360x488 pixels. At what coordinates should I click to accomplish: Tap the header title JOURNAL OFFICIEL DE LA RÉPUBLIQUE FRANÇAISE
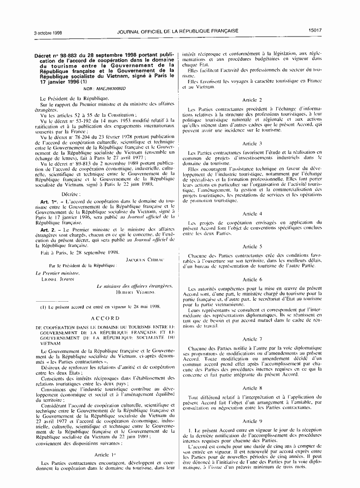point(178,31)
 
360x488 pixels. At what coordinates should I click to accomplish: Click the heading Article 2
point(252,100)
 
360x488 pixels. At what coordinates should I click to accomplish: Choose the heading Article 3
point(252,143)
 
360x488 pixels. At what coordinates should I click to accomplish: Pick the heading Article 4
point(252,214)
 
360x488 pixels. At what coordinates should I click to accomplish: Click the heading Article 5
point(252,246)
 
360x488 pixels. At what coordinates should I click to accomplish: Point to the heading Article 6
point(252,279)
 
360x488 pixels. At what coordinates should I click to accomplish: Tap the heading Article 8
point(252,388)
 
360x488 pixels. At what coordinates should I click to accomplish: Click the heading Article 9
point(252,421)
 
